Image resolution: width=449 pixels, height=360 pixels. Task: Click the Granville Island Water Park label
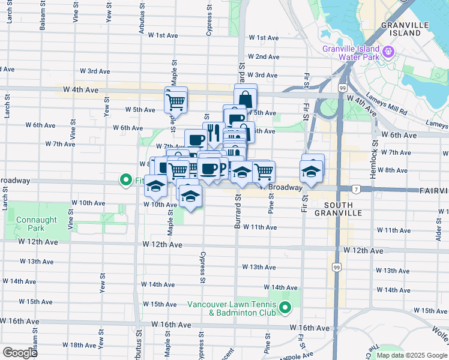click(x=351, y=53)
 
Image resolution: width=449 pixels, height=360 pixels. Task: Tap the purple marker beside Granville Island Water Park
click(x=388, y=53)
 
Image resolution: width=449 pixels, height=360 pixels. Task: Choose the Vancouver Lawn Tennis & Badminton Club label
click(x=231, y=308)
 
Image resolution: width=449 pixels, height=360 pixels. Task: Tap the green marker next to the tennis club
click(x=285, y=309)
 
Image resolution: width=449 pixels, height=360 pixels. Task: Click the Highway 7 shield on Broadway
click(x=356, y=190)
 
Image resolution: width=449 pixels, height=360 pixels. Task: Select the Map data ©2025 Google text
click(x=411, y=355)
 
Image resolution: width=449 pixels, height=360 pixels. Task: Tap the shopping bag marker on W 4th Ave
click(x=246, y=97)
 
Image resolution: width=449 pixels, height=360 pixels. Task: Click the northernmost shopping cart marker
click(x=176, y=101)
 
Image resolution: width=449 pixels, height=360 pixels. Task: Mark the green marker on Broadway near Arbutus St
click(x=126, y=179)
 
